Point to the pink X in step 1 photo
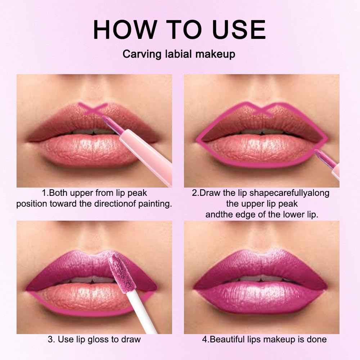[93, 108]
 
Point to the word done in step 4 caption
[317, 339]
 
